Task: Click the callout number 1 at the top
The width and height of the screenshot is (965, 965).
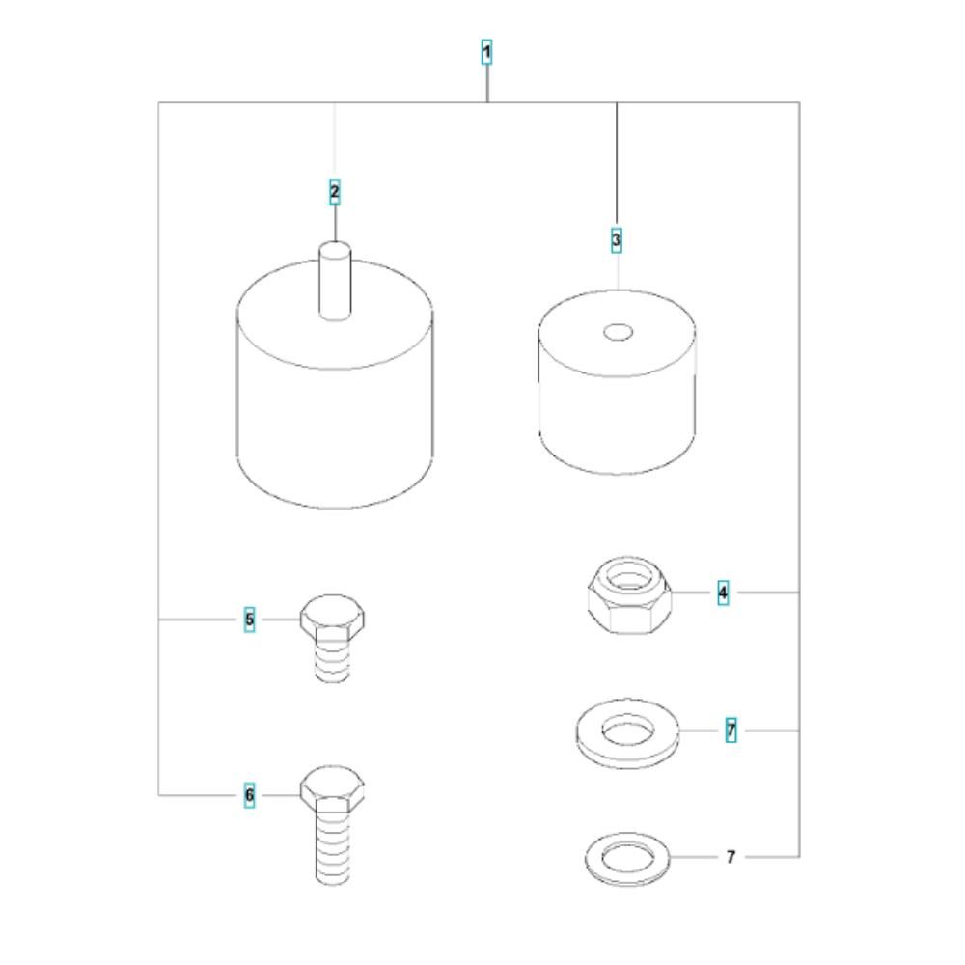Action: (x=486, y=52)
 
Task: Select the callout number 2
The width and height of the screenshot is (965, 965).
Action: (x=334, y=192)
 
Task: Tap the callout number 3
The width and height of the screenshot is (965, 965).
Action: (x=616, y=239)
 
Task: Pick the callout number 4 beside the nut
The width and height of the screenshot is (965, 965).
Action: (x=723, y=593)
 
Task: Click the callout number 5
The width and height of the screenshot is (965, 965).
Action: (x=249, y=620)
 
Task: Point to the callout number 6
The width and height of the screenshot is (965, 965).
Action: (x=249, y=795)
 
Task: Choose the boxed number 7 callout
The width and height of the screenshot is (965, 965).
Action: (x=731, y=731)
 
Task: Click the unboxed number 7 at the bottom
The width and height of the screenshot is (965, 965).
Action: (x=731, y=857)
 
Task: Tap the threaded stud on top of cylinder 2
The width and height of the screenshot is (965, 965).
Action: (x=335, y=281)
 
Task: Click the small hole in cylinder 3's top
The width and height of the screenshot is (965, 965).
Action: (x=618, y=333)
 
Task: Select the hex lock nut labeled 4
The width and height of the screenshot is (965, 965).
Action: (x=629, y=595)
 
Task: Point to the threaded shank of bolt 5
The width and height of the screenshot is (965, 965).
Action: (x=332, y=661)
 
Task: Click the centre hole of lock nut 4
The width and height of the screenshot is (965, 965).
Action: (x=628, y=578)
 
